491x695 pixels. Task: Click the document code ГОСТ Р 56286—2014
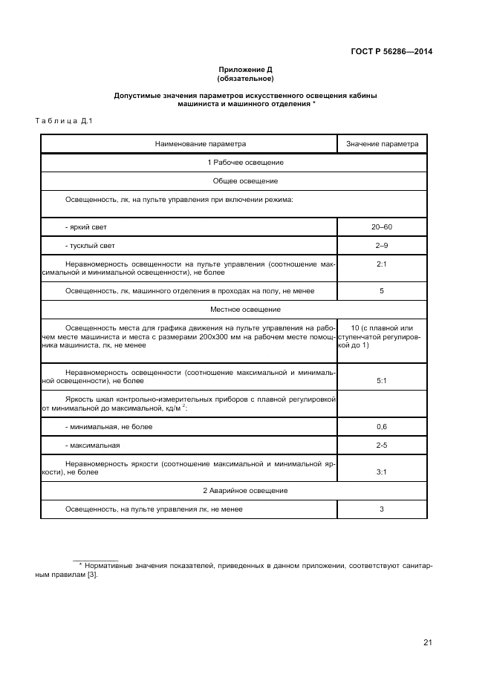point(391,51)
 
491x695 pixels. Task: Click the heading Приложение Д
point(245,69)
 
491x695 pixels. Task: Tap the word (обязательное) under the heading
point(245,78)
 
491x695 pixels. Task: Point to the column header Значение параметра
point(382,143)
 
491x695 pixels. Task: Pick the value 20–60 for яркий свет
point(382,226)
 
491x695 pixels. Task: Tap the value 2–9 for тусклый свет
point(382,245)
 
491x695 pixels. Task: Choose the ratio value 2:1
point(382,264)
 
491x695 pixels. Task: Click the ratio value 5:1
point(382,381)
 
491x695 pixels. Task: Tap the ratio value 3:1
point(382,472)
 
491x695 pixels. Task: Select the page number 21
point(428,643)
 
